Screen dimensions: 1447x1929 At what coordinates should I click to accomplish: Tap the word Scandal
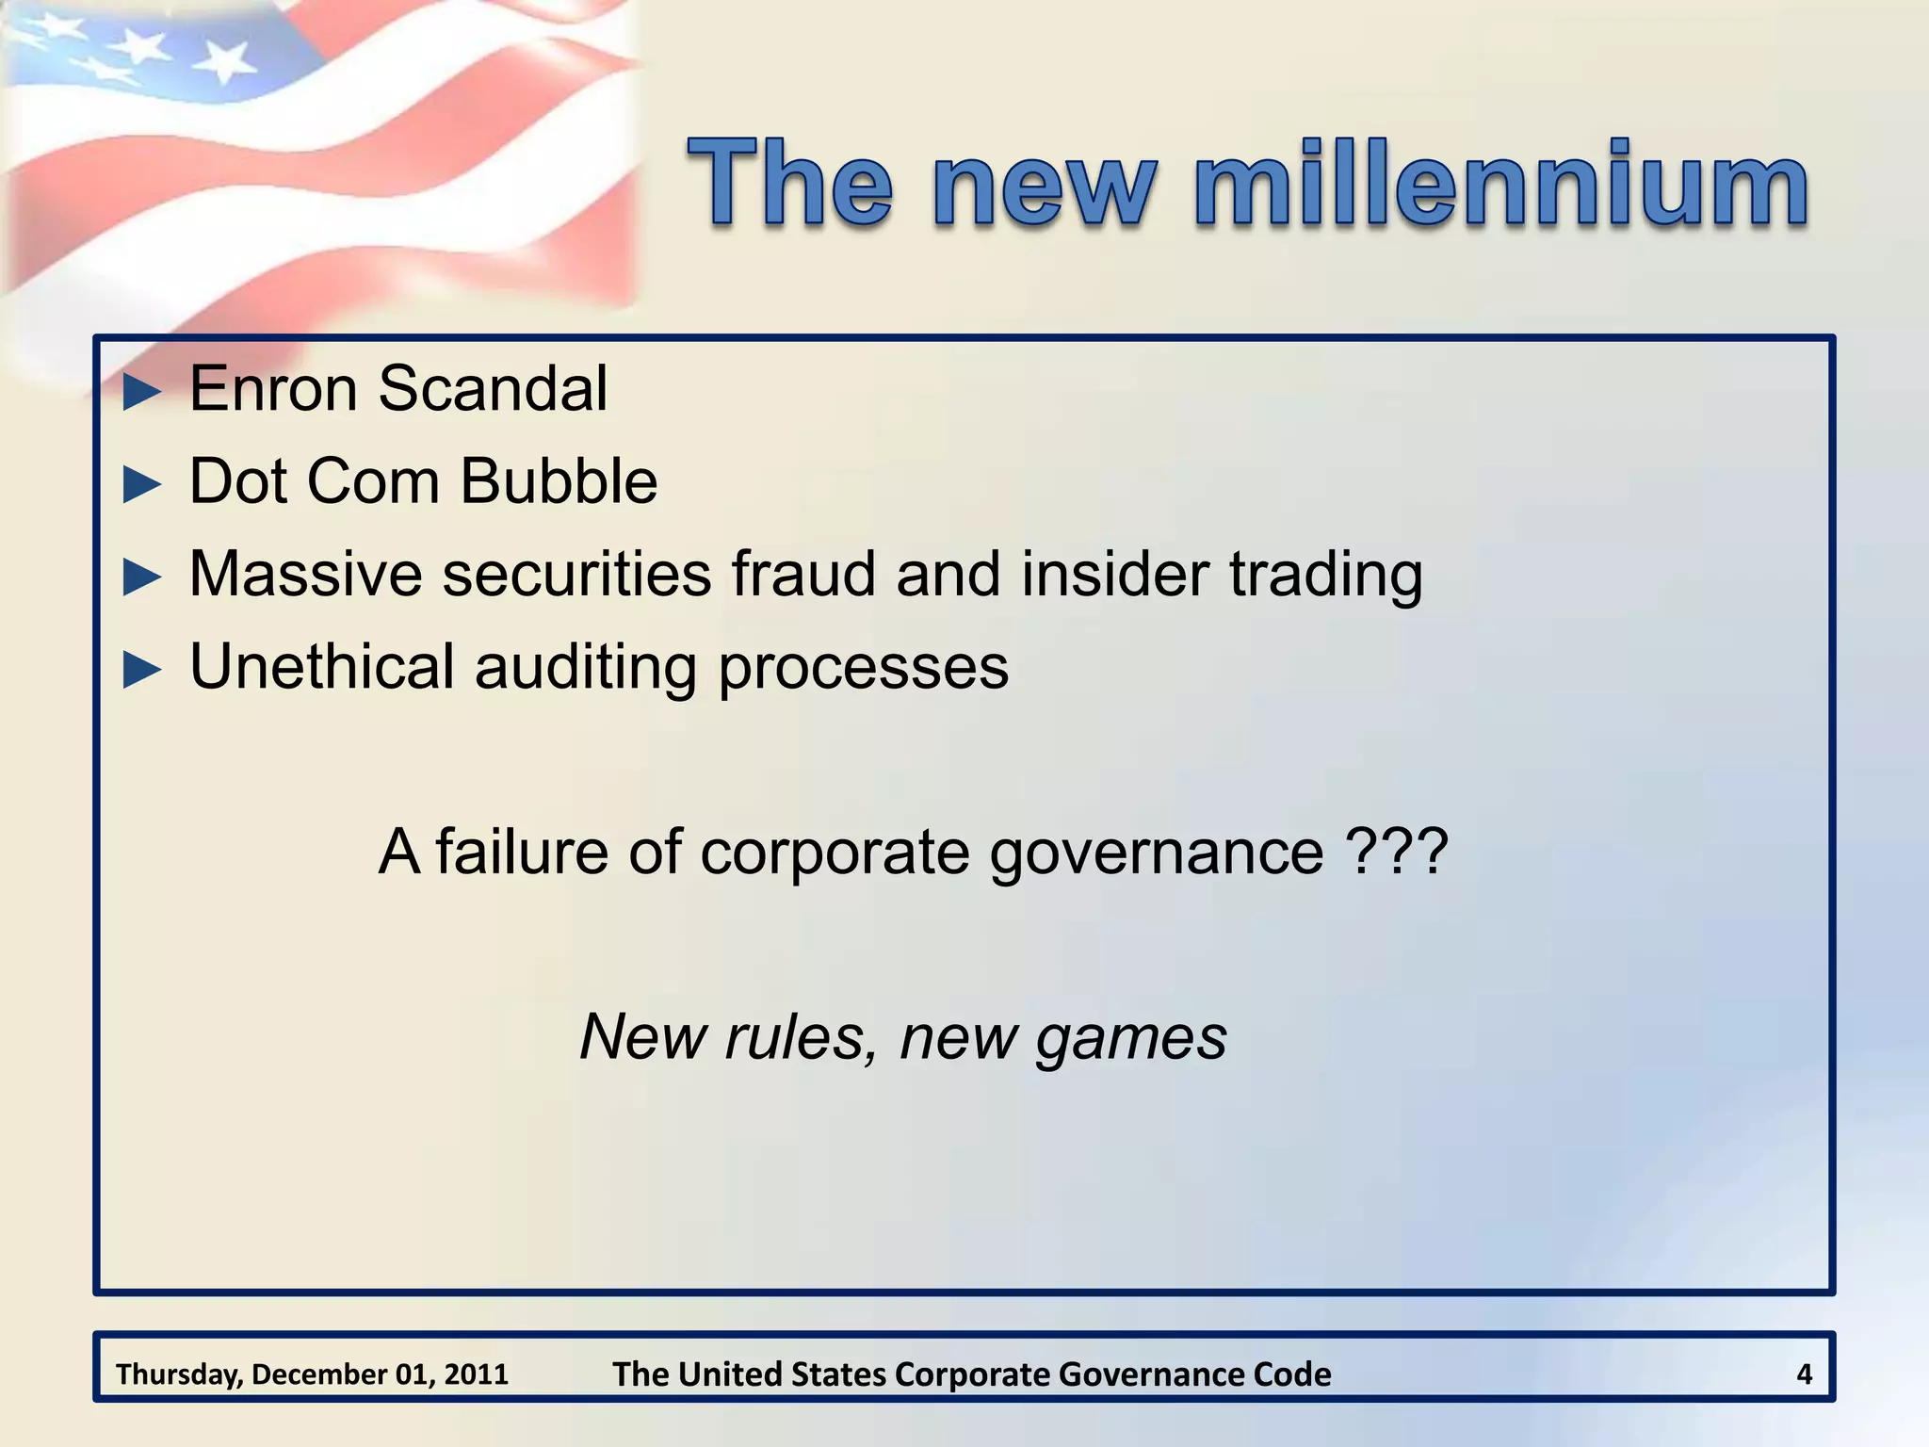click(493, 389)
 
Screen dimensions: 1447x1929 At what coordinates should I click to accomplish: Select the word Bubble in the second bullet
click(559, 481)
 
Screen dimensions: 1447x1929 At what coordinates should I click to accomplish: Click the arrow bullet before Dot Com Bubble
click(143, 484)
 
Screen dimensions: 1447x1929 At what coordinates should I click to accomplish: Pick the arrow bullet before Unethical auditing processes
click(143, 670)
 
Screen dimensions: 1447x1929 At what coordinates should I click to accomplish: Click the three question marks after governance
click(1397, 853)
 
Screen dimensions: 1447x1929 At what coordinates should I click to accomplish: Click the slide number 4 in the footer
click(1804, 1374)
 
